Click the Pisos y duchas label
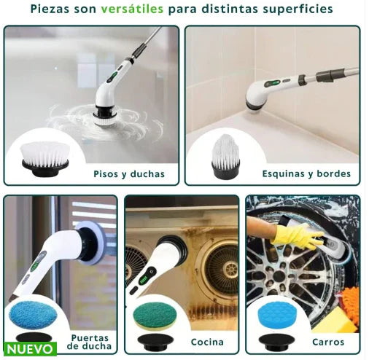click(129, 174)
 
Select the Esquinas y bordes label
click(306, 174)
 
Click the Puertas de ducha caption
click(92, 343)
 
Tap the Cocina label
click(206, 342)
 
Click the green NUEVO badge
click(30, 348)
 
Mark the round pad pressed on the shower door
click(93, 241)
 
